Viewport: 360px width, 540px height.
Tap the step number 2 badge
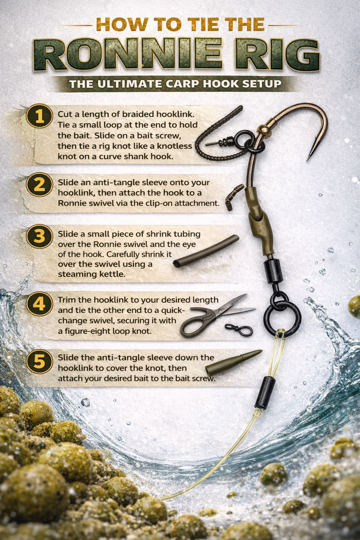coord(39,184)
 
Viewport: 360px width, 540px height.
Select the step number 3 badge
coord(39,236)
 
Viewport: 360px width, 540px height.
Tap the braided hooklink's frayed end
coord(239,109)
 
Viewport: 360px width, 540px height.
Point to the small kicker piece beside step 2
coord(234,197)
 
